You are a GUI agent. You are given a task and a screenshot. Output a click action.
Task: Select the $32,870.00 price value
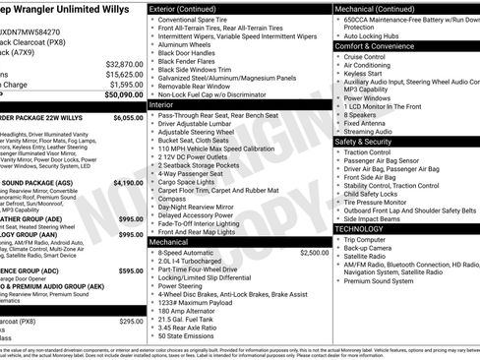pyautogui.click(x=125, y=63)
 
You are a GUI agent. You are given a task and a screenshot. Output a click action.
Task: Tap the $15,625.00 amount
pyautogui.click(x=125, y=74)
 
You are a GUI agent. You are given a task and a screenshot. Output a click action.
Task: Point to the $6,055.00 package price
pyautogui.click(x=128, y=117)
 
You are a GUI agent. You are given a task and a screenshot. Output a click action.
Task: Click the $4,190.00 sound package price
pyautogui.click(x=128, y=182)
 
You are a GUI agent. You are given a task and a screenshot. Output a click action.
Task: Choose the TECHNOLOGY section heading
pyautogui.click(x=358, y=228)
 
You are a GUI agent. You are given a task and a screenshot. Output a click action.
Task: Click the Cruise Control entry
pyautogui.click(x=365, y=57)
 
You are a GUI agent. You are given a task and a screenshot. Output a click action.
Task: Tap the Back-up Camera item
pyautogui.click(x=370, y=248)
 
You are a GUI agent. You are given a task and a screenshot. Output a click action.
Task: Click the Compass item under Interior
pyautogui.click(x=172, y=198)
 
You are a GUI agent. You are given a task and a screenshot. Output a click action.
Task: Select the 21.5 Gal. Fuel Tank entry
pyautogui.click(x=184, y=319)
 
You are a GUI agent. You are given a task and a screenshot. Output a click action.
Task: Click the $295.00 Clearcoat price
pyautogui.click(x=131, y=322)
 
